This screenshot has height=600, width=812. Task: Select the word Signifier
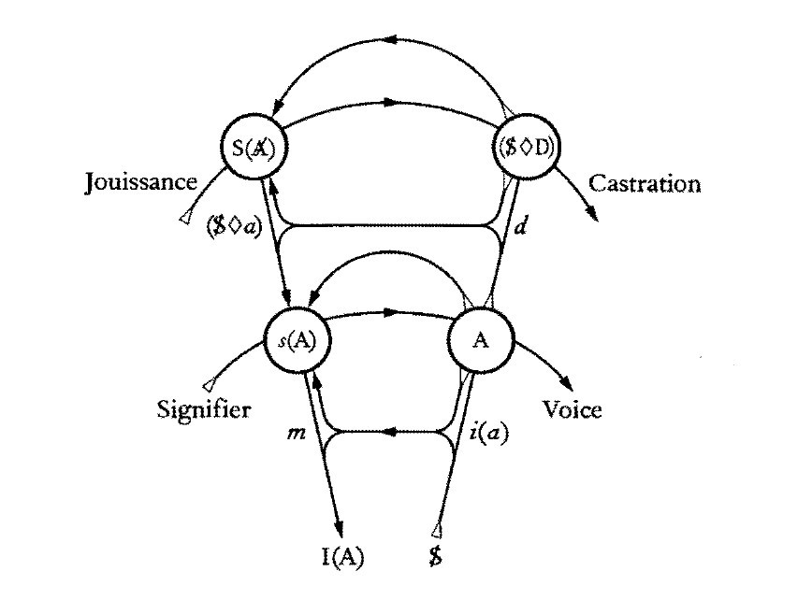click(x=204, y=409)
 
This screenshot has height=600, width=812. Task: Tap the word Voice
click(x=572, y=409)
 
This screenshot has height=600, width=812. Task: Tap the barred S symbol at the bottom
click(x=435, y=559)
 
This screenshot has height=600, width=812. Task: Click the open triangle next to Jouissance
click(x=187, y=220)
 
